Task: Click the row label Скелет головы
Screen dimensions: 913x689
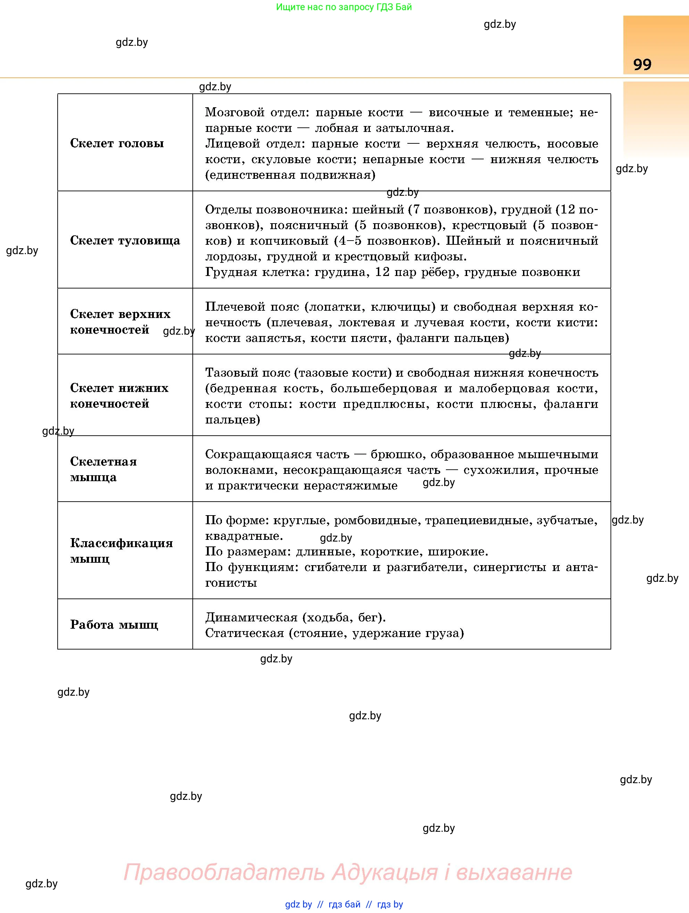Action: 117,143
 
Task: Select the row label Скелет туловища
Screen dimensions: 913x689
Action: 125,240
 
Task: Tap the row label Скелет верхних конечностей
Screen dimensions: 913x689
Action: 120,321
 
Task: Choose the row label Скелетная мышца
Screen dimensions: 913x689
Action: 103,469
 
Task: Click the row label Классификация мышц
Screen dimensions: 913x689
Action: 121,551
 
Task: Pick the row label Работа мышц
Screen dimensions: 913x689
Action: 114,625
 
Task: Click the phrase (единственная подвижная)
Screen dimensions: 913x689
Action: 290,175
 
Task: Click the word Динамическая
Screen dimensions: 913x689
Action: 251,618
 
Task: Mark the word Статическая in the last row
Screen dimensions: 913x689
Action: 244,633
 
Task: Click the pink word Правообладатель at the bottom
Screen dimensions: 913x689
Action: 224,872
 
